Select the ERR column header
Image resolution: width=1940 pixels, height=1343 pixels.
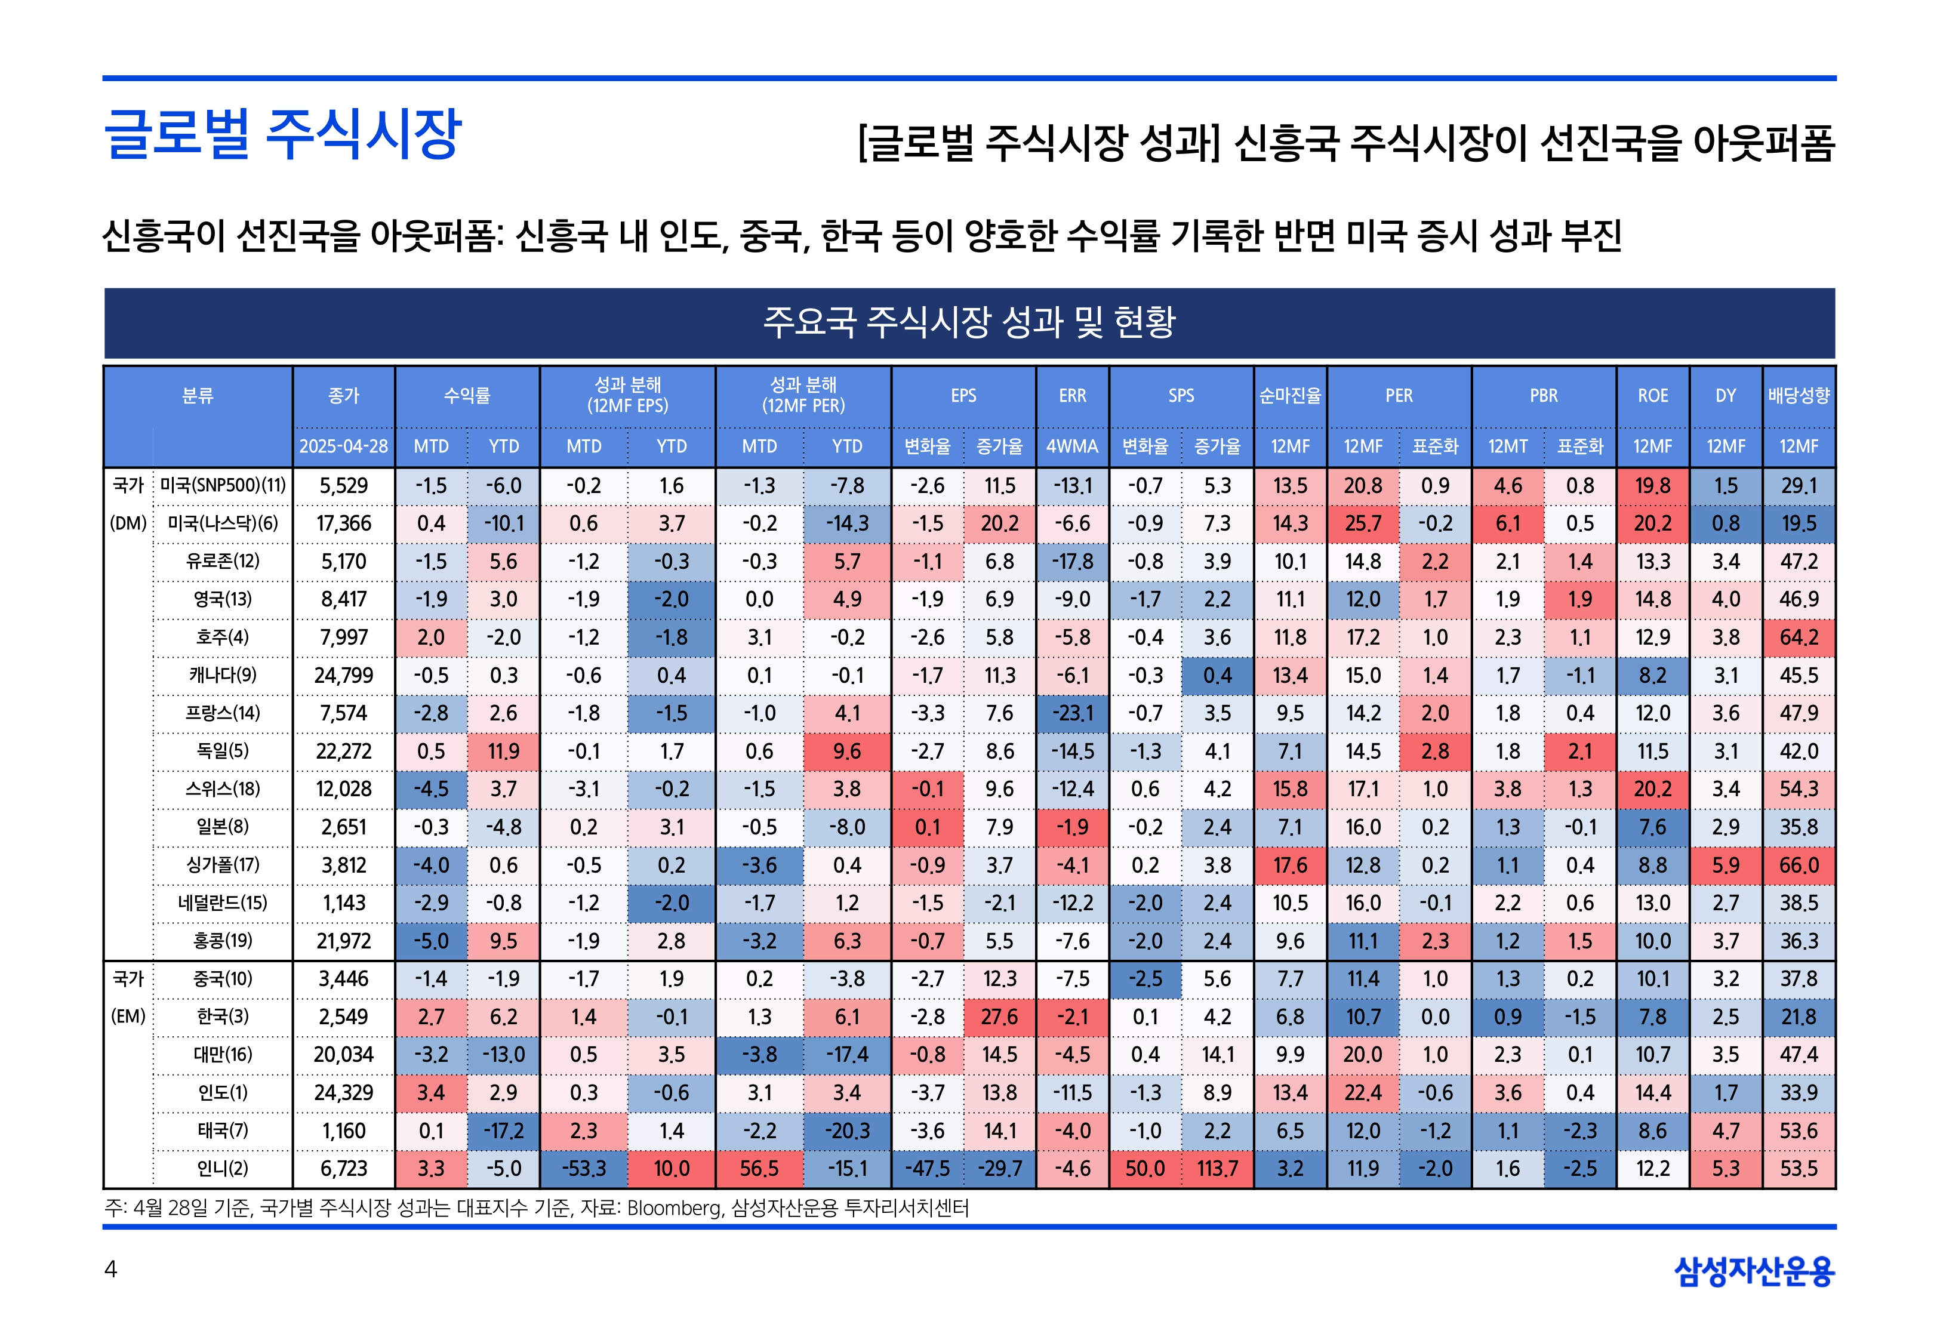click(x=1072, y=396)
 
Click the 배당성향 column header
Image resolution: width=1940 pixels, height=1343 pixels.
click(x=1798, y=396)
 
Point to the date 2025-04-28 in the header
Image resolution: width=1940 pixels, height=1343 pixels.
click(x=343, y=446)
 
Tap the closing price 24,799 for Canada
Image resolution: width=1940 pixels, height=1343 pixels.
click(x=343, y=675)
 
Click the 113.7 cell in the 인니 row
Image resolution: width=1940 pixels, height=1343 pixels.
click(x=1217, y=1169)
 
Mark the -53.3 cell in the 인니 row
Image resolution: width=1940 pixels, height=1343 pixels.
click(x=584, y=1169)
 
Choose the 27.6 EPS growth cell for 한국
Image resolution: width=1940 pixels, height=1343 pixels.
click(x=999, y=1017)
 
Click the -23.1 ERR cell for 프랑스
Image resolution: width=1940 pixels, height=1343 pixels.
click(x=1072, y=713)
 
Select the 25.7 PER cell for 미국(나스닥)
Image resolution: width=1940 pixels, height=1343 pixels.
click(x=1363, y=523)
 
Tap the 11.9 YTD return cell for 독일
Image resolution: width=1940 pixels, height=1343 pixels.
click(x=503, y=751)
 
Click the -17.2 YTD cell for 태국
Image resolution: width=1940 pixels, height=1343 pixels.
click(x=503, y=1131)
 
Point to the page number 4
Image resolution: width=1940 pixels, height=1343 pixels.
click(x=110, y=1269)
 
